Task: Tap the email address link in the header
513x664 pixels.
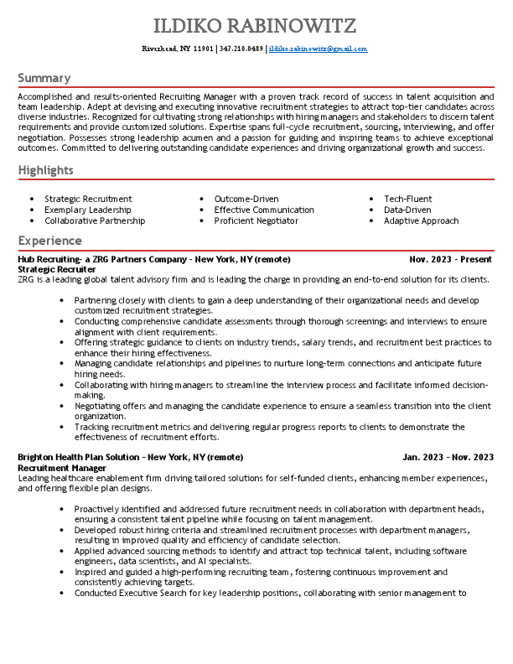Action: pyautogui.click(x=318, y=49)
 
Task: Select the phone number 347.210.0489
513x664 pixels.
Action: pyautogui.click(x=241, y=49)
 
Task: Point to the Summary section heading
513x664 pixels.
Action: pyautogui.click(x=44, y=78)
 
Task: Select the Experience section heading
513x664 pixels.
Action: pyautogui.click(x=49, y=241)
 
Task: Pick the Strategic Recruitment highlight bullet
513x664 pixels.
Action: pyautogui.click(x=88, y=199)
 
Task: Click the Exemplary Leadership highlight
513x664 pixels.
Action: pyautogui.click(x=88, y=210)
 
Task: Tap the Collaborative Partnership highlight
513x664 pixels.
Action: pyautogui.click(x=95, y=220)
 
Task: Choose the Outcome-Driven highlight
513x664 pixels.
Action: pyautogui.click(x=246, y=199)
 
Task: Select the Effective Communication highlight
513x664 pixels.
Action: pyautogui.click(x=264, y=210)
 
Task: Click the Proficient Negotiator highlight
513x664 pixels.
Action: pyautogui.click(x=256, y=220)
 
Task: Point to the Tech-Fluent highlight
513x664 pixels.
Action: pyautogui.click(x=408, y=199)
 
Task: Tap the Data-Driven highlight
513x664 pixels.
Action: pyautogui.click(x=407, y=210)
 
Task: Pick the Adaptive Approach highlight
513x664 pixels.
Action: pyautogui.click(x=421, y=220)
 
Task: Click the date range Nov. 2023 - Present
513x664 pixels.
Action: pyautogui.click(x=452, y=260)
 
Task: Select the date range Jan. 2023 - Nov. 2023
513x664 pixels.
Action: pyautogui.click(x=448, y=457)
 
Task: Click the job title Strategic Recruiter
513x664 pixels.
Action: pyautogui.click(x=56, y=269)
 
